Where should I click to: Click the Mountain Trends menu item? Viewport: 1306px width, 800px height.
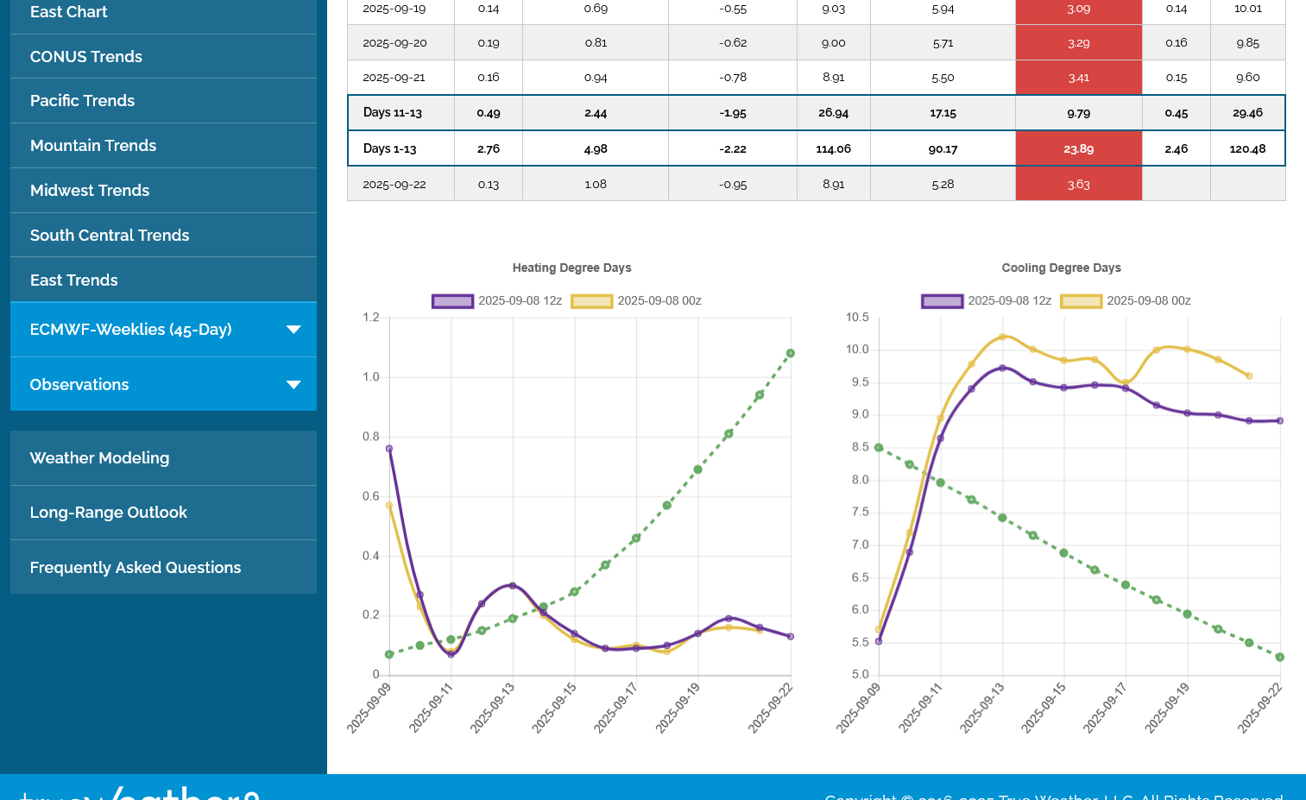coord(93,146)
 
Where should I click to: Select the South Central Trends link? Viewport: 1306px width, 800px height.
coord(110,236)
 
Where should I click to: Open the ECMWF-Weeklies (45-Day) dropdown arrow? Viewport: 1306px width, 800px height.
coord(293,330)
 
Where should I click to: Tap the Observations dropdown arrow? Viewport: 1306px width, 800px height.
coord(293,385)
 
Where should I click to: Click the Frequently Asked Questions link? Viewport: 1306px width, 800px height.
coord(136,568)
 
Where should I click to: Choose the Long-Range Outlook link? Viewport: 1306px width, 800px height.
coord(109,513)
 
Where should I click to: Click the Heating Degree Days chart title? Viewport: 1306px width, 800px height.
coord(571,268)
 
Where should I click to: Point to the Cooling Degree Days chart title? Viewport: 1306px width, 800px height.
coord(1061,268)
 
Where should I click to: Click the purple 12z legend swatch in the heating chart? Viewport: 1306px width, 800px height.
coord(453,301)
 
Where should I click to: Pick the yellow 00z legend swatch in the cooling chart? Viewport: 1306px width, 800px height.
coord(1082,301)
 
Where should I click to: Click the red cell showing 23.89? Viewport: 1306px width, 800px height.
coord(1078,149)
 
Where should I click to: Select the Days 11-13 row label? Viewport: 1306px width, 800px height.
coord(393,113)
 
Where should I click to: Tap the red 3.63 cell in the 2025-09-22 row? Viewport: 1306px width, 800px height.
coord(1078,185)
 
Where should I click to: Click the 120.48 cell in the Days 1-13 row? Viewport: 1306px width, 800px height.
coord(1247,149)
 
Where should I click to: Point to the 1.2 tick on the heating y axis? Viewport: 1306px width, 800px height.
coord(371,318)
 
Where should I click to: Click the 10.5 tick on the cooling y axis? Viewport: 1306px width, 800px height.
coord(857,318)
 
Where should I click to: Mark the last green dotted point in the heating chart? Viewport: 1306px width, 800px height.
coord(791,353)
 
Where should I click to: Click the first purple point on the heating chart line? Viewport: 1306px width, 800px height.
coord(389,449)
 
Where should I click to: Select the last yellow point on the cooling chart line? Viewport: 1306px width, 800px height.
coord(1249,376)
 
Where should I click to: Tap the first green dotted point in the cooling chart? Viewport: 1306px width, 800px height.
coord(879,448)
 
